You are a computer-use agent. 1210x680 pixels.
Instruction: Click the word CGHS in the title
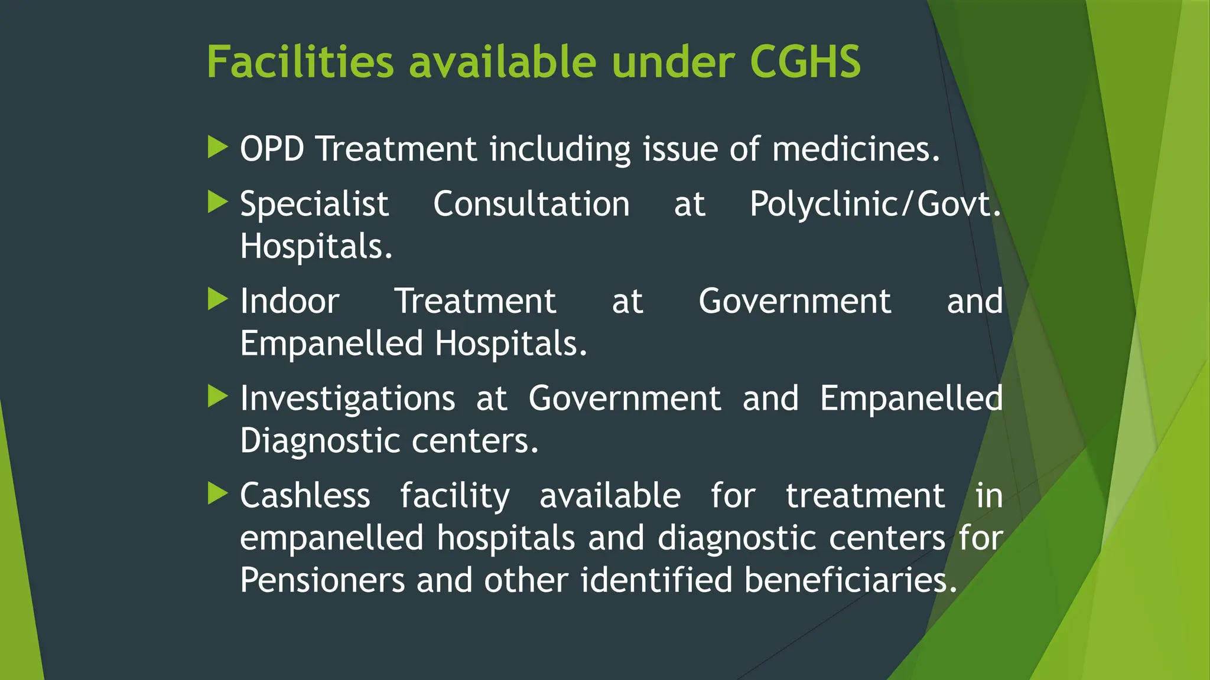pyautogui.click(x=805, y=61)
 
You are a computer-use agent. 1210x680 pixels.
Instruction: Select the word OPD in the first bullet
pyautogui.click(x=272, y=148)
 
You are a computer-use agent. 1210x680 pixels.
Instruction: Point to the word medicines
pyautogui.click(x=856, y=148)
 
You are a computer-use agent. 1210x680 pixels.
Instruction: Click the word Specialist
pyautogui.click(x=314, y=205)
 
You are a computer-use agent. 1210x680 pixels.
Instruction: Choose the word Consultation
pyautogui.click(x=531, y=204)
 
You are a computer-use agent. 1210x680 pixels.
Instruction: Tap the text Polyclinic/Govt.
pyautogui.click(x=875, y=204)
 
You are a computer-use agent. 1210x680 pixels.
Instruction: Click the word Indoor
pyautogui.click(x=290, y=301)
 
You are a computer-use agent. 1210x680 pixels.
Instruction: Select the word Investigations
pyautogui.click(x=347, y=399)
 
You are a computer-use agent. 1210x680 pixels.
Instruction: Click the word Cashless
pyautogui.click(x=305, y=495)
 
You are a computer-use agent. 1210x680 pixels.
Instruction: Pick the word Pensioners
pyautogui.click(x=323, y=580)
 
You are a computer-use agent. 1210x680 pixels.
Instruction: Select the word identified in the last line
pyautogui.click(x=656, y=580)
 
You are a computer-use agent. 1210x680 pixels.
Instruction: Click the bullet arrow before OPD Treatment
pyautogui.click(x=217, y=147)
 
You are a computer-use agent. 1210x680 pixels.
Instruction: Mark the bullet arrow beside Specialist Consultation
pyautogui.click(x=217, y=202)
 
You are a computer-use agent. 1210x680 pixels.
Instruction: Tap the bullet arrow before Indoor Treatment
pyautogui.click(x=217, y=299)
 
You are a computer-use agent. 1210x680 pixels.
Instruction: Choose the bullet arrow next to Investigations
pyautogui.click(x=217, y=397)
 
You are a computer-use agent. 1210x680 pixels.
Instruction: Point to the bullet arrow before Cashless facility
pyautogui.click(x=217, y=493)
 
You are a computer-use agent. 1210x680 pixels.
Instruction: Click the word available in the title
pyautogui.click(x=503, y=61)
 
